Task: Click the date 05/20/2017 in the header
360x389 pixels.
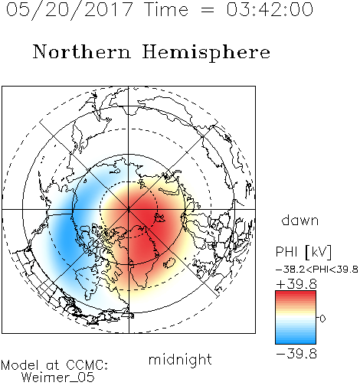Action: (x=70, y=10)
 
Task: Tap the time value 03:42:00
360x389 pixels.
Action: (x=270, y=9)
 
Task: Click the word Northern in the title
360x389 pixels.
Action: (x=82, y=51)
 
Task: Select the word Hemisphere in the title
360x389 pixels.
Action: (x=206, y=53)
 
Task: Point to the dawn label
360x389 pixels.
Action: (x=300, y=220)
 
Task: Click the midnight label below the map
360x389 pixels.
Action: (x=180, y=360)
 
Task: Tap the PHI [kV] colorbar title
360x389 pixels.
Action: (x=303, y=252)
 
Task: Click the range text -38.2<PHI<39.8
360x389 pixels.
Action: (x=317, y=270)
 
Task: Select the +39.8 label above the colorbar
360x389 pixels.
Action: (x=296, y=284)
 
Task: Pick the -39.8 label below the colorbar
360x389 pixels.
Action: (x=296, y=354)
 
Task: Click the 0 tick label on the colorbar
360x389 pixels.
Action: (x=322, y=319)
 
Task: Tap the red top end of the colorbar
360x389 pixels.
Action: (x=296, y=293)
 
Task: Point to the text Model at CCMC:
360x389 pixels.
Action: (x=54, y=365)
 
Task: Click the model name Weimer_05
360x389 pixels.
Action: (x=58, y=378)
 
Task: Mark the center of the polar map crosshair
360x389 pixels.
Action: (x=129, y=209)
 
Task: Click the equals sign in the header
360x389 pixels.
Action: (x=208, y=10)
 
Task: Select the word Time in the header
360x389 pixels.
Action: (x=166, y=9)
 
